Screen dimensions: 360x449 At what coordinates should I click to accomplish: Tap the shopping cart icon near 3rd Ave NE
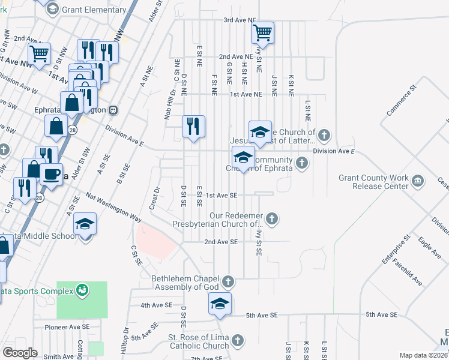click(x=262, y=32)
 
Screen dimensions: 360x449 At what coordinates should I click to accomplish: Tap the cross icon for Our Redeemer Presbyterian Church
click(x=273, y=218)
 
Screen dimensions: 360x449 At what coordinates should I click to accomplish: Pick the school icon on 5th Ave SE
click(x=220, y=304)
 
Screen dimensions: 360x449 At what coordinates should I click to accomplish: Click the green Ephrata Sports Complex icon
click(x=83, y=291)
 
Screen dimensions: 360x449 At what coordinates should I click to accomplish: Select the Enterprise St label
click(x=396, y=250)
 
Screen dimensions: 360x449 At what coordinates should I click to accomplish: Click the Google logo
click(x=20, y=353)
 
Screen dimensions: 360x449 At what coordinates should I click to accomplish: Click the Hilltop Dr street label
click(x=125, y=341)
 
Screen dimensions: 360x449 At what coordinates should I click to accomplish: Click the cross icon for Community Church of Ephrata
click(x=302, y=161)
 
